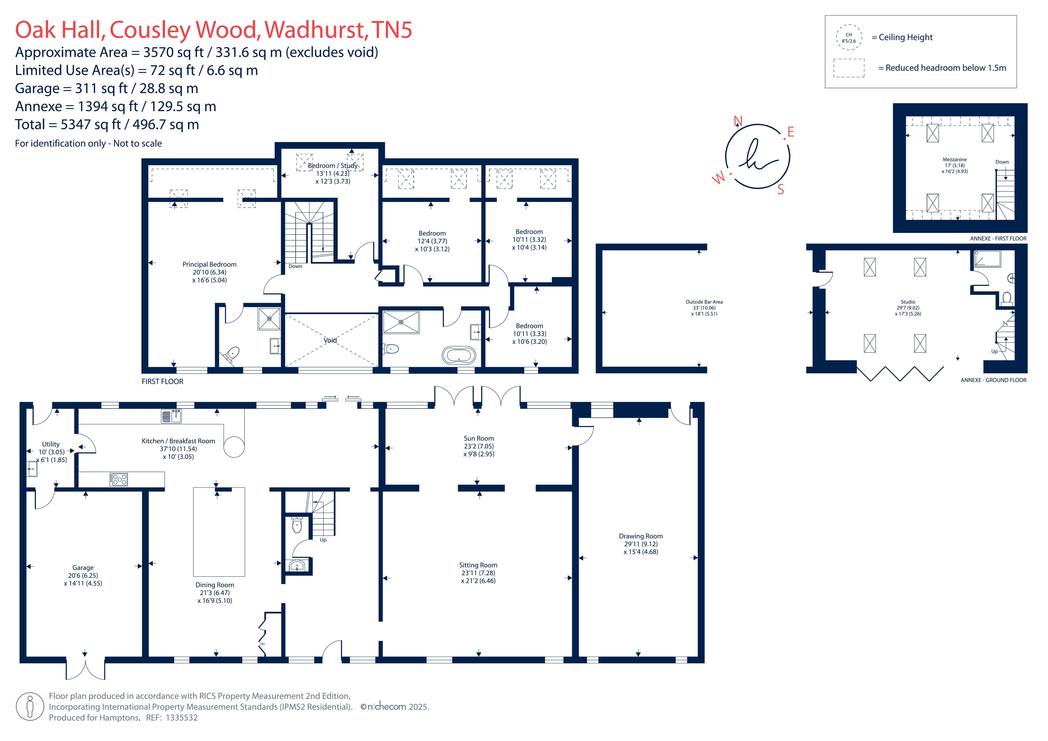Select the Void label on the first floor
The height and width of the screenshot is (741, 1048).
tap(330, 340)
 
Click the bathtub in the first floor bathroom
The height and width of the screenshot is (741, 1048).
tap(458, 355)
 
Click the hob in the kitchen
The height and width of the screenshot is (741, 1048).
tap(119, 479)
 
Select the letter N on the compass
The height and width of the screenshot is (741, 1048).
tap(737, 121)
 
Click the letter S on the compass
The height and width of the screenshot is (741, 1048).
tap(781, 190)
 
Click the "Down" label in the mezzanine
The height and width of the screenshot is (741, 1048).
tap(1002, 162)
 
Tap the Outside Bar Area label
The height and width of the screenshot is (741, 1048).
tap(704, 302)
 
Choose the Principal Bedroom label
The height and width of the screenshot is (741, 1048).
tap(210, 264)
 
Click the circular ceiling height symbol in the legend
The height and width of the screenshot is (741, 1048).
tap(848, 38)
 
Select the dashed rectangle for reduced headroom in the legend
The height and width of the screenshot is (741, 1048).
tap(848, 68)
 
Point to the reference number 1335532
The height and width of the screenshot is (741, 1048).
tap(182, 717)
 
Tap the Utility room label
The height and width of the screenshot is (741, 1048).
tap(51, 444)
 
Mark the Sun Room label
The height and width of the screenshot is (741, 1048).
tap(478, 438)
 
